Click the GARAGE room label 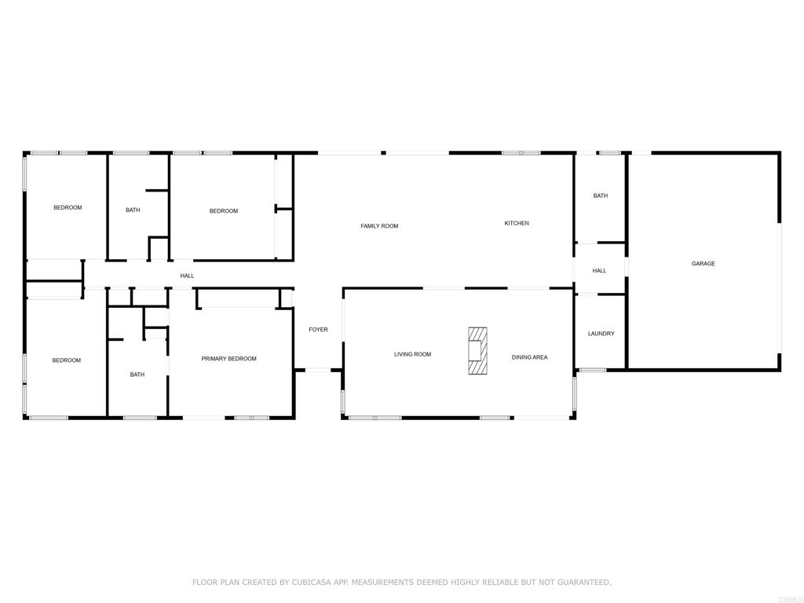pyautogui.click(x=703, y=264)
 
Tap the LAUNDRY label pyautogui.click(x=601, y=334)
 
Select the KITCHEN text pyautogui.click(x=516, y=224)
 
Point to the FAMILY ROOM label pyautogui.click(x=379, y=226)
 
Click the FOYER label pyautogui.click(x=318, y=330)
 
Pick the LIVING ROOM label pyautogui.click(x=412, y=354)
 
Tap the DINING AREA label pyautogui.click(x=529, y=357)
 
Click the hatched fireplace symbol pyautogui.click(x=477, y=350)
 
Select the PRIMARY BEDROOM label pyautogui.click(x=228, y=359)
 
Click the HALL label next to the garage pyautogui.click(x=599, y=271)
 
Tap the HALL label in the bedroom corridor pyautogui.click(x=187, y=276)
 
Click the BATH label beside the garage pyautogui.click(x=600, y=196)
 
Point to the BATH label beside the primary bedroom pyautogui.click(x=137, y=375)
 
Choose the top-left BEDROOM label pyautogui.click(x=68, y=207)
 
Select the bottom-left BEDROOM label pyautogui.click(x=67, y=360)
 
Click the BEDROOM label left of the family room pyautogui.click(x=223, y=210)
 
